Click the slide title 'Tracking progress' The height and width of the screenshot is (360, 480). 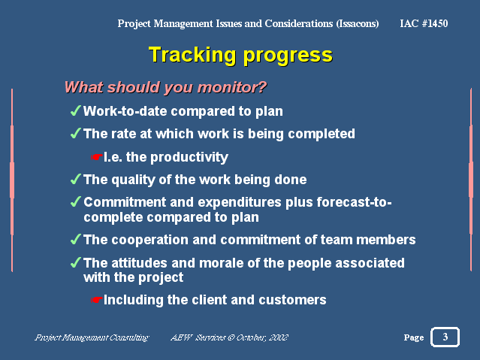[240, 55]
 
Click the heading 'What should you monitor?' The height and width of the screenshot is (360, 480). [165, 87]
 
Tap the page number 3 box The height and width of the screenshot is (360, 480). [445, 337]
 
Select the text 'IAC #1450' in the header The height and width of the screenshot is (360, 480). [424, 24]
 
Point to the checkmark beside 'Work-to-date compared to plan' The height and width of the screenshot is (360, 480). [75, 111]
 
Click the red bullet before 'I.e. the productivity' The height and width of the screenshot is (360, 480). [95, 158]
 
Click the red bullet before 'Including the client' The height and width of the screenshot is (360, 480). [95, 301]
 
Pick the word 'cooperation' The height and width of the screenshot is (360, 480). [143, 240]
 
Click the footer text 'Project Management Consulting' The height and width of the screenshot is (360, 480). [92, 337]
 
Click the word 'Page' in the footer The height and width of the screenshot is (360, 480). [413, 337]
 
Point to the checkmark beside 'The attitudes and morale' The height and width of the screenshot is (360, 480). [75, 263]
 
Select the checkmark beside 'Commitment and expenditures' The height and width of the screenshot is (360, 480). [75, 203]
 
